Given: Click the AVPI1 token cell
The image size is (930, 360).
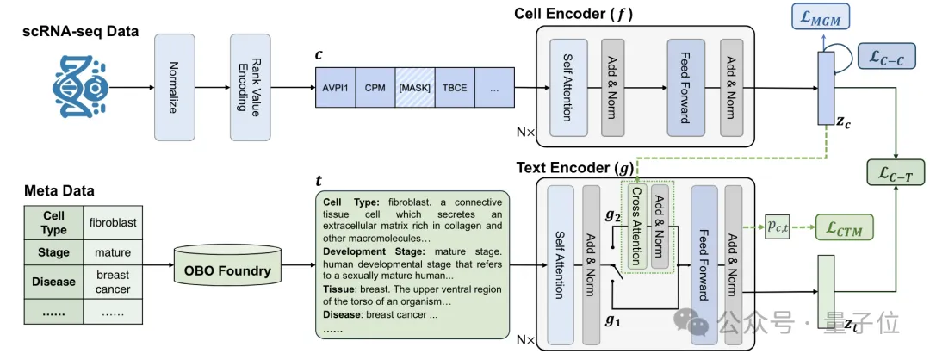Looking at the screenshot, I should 335,87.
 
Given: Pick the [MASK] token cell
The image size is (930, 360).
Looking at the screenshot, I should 414,87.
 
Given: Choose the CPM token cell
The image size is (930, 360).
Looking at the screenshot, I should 375,87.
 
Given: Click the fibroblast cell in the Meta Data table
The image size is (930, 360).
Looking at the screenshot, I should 112,223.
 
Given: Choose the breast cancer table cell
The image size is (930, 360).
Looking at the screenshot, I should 112,282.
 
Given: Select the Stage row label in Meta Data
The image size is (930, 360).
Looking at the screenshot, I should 53,253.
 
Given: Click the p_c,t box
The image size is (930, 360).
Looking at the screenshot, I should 781,227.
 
